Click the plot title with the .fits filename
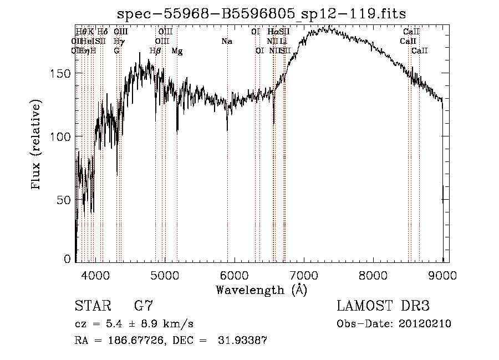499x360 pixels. tap(259, 14)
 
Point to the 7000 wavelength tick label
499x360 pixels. tap(303, 275)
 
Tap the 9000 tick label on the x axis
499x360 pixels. tap(442, 275)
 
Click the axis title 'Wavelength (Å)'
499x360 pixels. tap(261, 289)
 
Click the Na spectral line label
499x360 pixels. tap(226, 42)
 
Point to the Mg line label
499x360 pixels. tap(177, 51)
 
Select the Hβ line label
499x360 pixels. tap(155, 51)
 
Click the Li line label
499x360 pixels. tap(283, 42)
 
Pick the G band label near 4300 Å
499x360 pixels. tap(116, 51)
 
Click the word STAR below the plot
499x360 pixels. tap(90, 306)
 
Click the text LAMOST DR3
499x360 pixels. tap(383, 306)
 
